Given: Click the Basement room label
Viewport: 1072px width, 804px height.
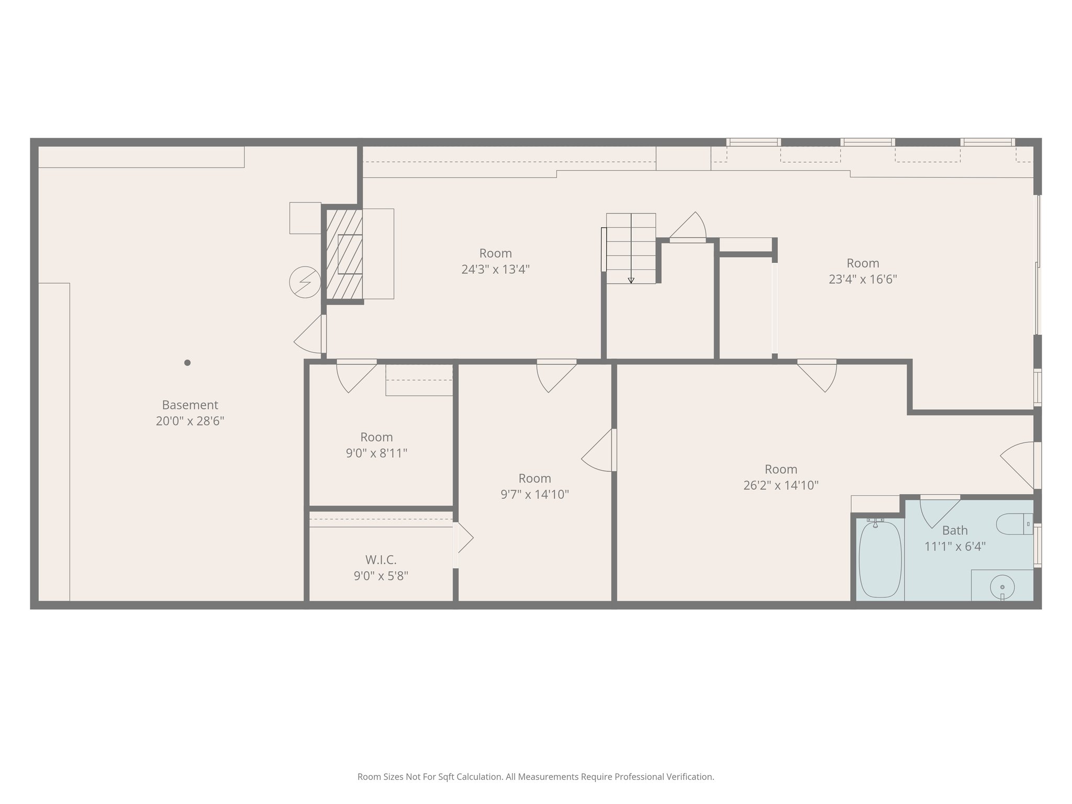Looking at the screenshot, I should (189, 405).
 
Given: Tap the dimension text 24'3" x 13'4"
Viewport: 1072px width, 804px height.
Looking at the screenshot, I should (495, 270).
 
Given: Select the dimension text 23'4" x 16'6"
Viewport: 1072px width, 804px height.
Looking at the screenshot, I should (863, 279).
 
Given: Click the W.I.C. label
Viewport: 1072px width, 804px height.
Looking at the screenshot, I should (381, 560).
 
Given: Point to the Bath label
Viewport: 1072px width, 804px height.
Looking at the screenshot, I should (955, 530).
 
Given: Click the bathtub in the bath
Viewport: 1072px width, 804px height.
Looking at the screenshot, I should (880, 560).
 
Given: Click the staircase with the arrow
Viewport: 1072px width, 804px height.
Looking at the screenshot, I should (631, 248).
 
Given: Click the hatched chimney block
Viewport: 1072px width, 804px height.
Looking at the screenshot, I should (344, 255).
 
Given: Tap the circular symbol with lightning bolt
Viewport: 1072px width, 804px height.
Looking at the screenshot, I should (305, 282).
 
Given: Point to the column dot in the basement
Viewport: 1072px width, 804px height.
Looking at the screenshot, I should (187, 363).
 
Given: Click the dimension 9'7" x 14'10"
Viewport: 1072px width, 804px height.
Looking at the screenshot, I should (534, 494).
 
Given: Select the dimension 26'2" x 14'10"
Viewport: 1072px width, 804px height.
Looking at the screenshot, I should (780, 485).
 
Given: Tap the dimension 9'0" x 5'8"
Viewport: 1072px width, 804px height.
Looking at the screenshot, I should (381, 576).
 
